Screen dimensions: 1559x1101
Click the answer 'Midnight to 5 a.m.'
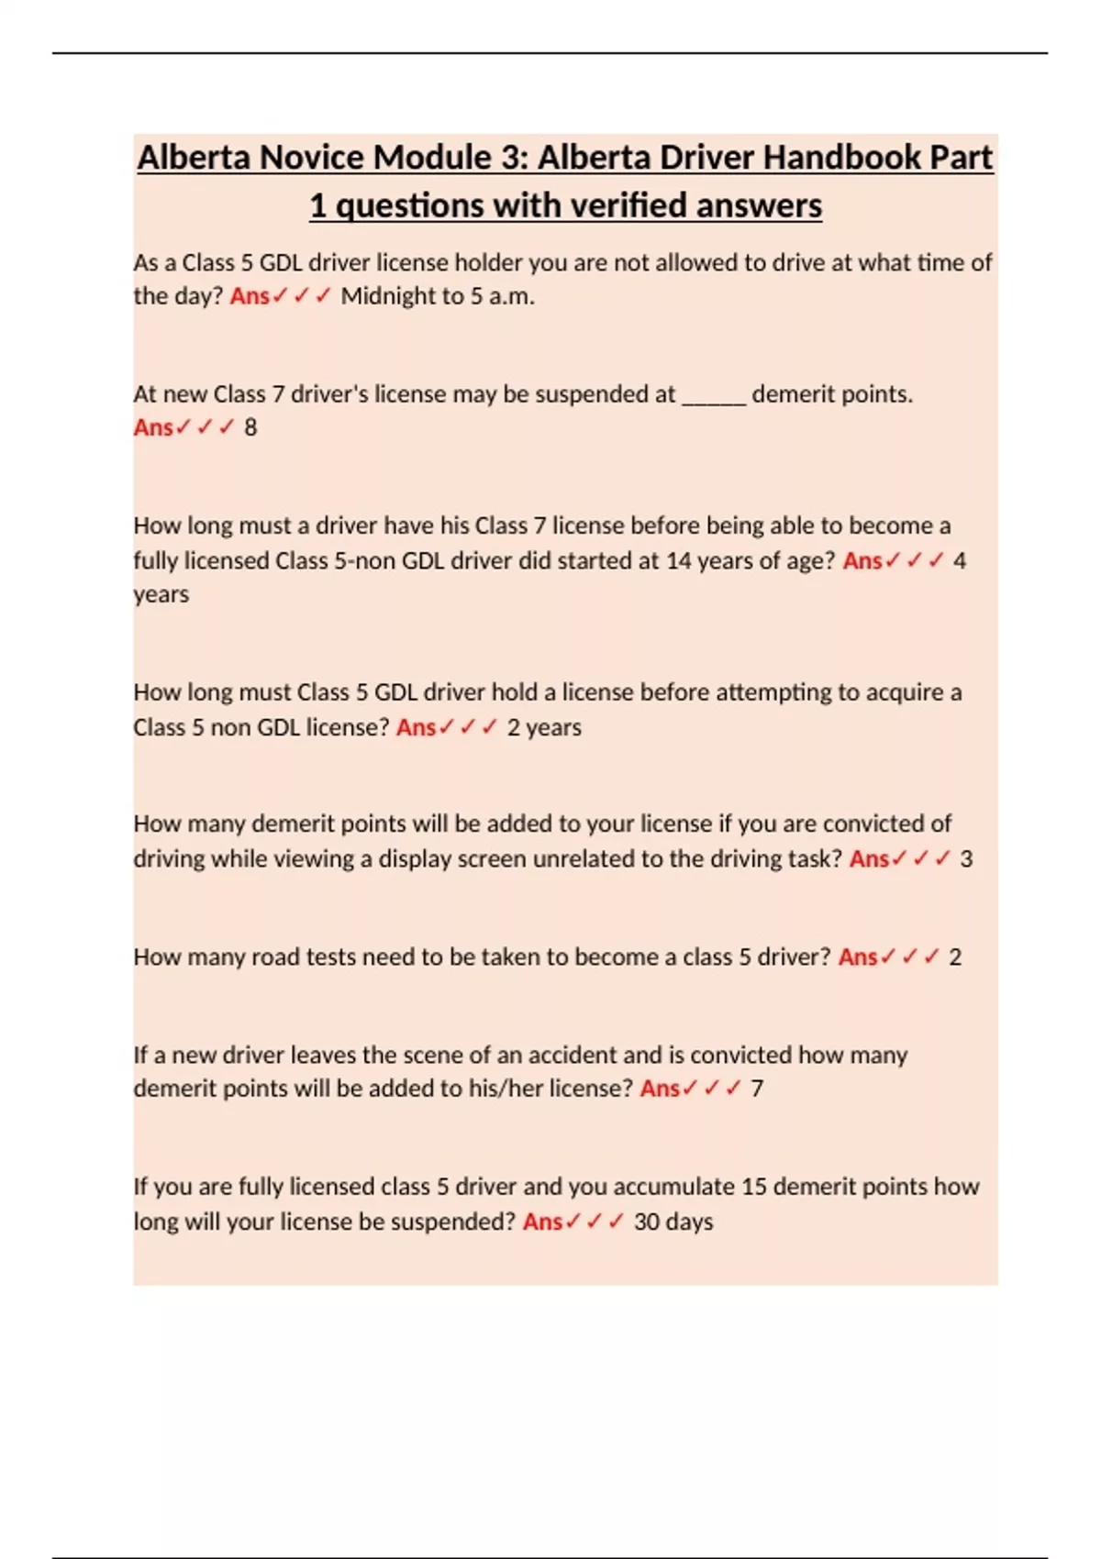click(x=438, y=296)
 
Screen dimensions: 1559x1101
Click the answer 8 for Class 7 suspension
click(x=250, y=427)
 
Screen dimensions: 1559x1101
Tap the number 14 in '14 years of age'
click(x=678, y=560)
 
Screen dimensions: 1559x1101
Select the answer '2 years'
click(x=544, y=727)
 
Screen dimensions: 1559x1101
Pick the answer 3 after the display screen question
click(x=965, y=859)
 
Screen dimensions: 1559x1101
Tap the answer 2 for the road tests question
click(x=954, y=957)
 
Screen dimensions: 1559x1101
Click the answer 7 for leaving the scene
click(x=756, y=1089)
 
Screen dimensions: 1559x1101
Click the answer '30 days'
click(x=673, y=1222)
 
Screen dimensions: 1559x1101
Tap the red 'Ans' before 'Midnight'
click(x=249, y=296)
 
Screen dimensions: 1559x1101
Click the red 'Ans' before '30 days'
click(x=542, y=1222)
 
